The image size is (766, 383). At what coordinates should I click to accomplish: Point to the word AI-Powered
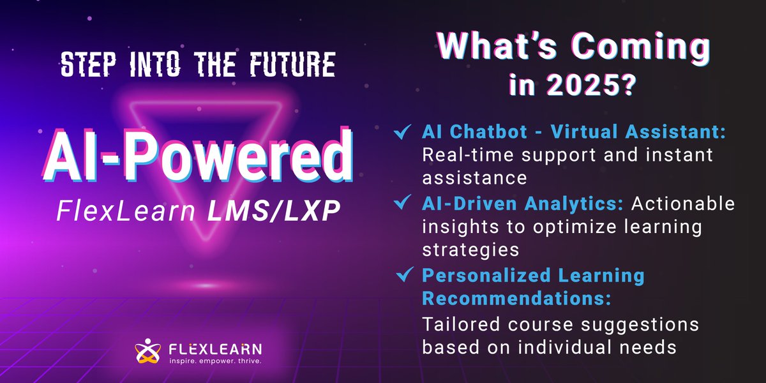[x=198, y=155]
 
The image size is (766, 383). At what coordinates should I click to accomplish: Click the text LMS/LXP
[x=274, y=211]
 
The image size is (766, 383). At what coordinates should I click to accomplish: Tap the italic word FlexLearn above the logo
[x=126, y=211]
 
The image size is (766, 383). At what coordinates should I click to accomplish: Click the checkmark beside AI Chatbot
[x=403, y=131]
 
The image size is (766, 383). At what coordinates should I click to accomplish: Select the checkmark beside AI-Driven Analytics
[x=403, y=202]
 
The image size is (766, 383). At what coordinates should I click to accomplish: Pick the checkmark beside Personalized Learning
[x=405, y=274]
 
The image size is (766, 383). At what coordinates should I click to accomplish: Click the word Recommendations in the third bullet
[x=516, y=298]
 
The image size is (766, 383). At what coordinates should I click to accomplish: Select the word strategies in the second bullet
[x=470, y=250]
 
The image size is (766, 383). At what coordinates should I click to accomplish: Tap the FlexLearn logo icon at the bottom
[x=147, y=350]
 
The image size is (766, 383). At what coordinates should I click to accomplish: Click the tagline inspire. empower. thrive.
[x=216, y=361]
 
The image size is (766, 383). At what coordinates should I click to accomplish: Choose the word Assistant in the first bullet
[x=675, y=131]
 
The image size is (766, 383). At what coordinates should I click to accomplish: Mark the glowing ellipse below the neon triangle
[x=206, y=285]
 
